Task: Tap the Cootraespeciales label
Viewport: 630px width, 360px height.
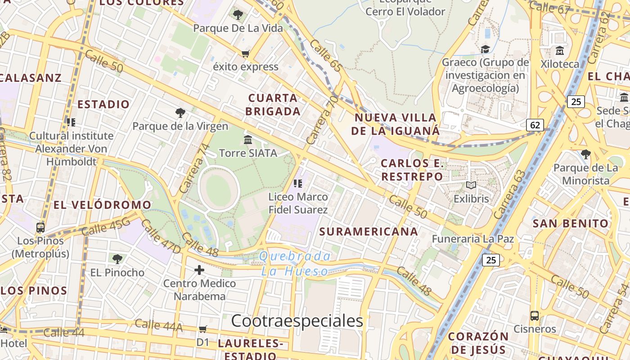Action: (x=297, y=321)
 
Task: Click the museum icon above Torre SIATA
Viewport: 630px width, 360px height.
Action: (x=248, y=139)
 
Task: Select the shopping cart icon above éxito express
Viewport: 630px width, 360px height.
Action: (x=245, y=54)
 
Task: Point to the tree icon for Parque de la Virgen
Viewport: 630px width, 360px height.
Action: (x=180, y=113)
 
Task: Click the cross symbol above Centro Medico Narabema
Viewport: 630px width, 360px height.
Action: (x=199, y=270)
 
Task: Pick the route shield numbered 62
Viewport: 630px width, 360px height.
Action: (x=535, y=125)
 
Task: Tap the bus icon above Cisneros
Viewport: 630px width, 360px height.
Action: (x=535, y=316)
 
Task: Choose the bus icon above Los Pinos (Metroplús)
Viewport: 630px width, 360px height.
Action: (x=40, y=228)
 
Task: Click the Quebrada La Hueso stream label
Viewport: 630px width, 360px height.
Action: (x=295, y=264)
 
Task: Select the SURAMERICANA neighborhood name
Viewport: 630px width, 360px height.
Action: (x=369, y=232)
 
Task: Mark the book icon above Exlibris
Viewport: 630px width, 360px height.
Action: (x=471, y=185)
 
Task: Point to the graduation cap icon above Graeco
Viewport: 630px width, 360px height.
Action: (x=485, y=49)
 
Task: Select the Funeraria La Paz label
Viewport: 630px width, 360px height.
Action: (x=473, y=238)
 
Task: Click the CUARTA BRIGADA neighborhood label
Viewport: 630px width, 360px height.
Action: (x=273, y=104)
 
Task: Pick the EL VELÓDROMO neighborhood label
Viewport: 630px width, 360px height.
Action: (x=103, y=205)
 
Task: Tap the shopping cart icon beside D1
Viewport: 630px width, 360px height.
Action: (x=203, y=329)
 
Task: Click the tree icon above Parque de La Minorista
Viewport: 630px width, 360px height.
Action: (x=585, y=154)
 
